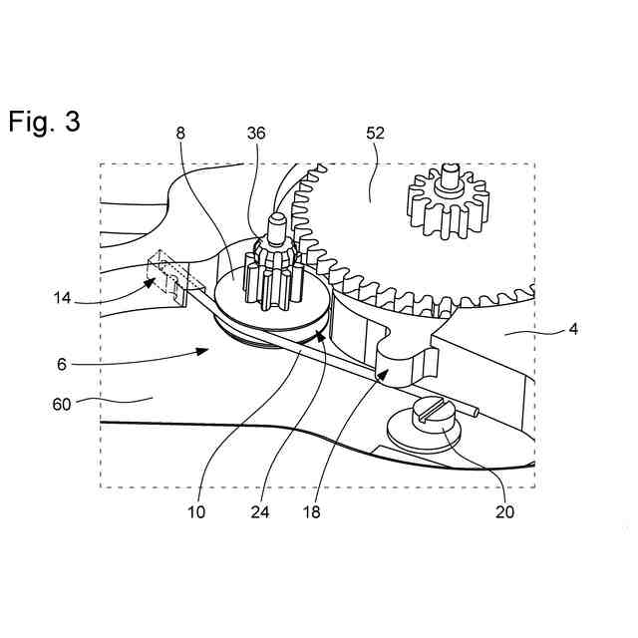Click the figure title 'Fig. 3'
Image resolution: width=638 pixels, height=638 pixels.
(x=44, y=122)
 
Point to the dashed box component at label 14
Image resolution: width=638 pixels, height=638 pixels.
(x=166, y=274)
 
